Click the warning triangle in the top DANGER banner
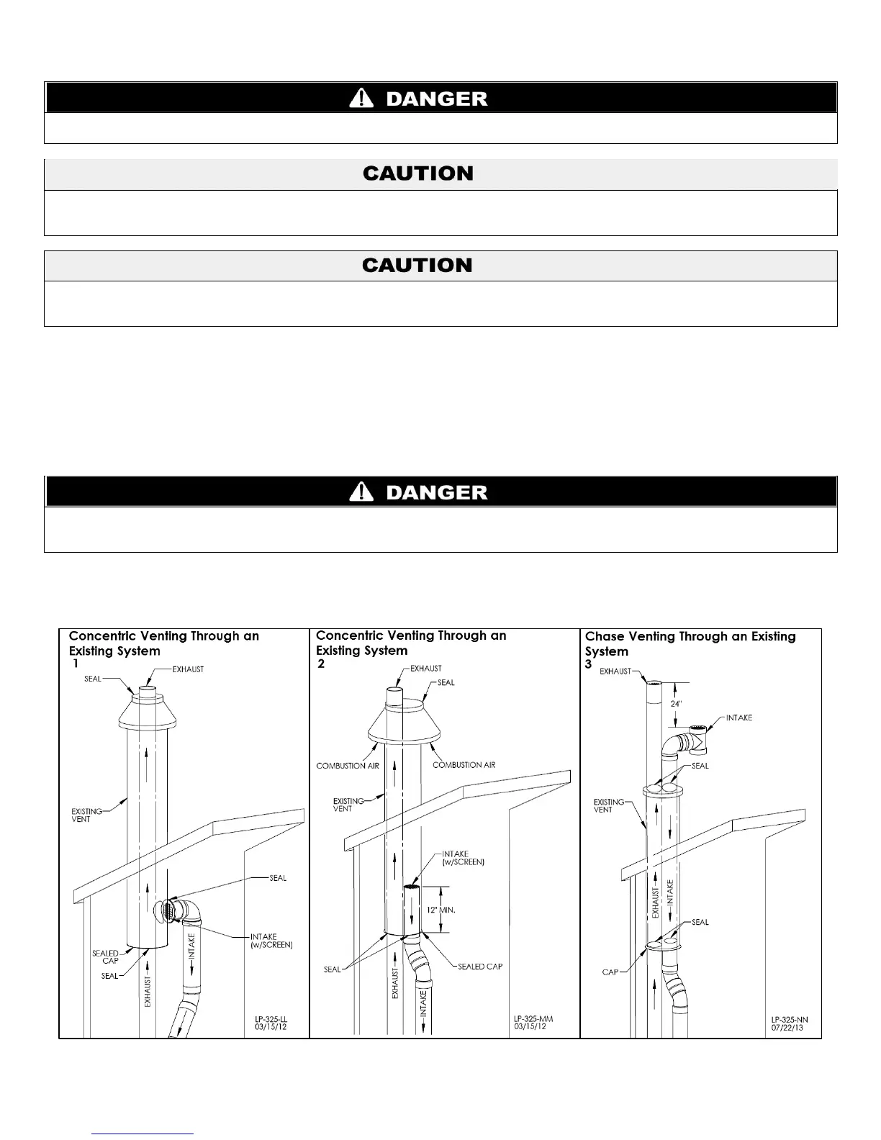(361, 99)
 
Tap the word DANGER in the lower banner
(437, 493)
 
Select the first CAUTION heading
(418, 173)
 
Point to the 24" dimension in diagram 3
(675, 704)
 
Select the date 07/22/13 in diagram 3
(786, 1028)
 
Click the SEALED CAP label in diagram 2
(480, 966)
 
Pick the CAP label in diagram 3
(610, 972)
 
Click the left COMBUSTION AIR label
(348, 766)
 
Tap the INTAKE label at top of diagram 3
(738, 718)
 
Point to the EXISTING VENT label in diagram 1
(86, 815)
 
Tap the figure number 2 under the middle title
(321, 664)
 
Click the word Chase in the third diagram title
(605, 636)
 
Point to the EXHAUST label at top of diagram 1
(188, 669)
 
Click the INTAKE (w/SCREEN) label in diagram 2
(463, 858)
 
